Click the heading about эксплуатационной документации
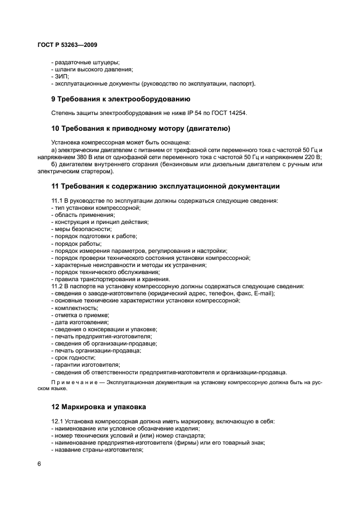(x=165, y=186)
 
